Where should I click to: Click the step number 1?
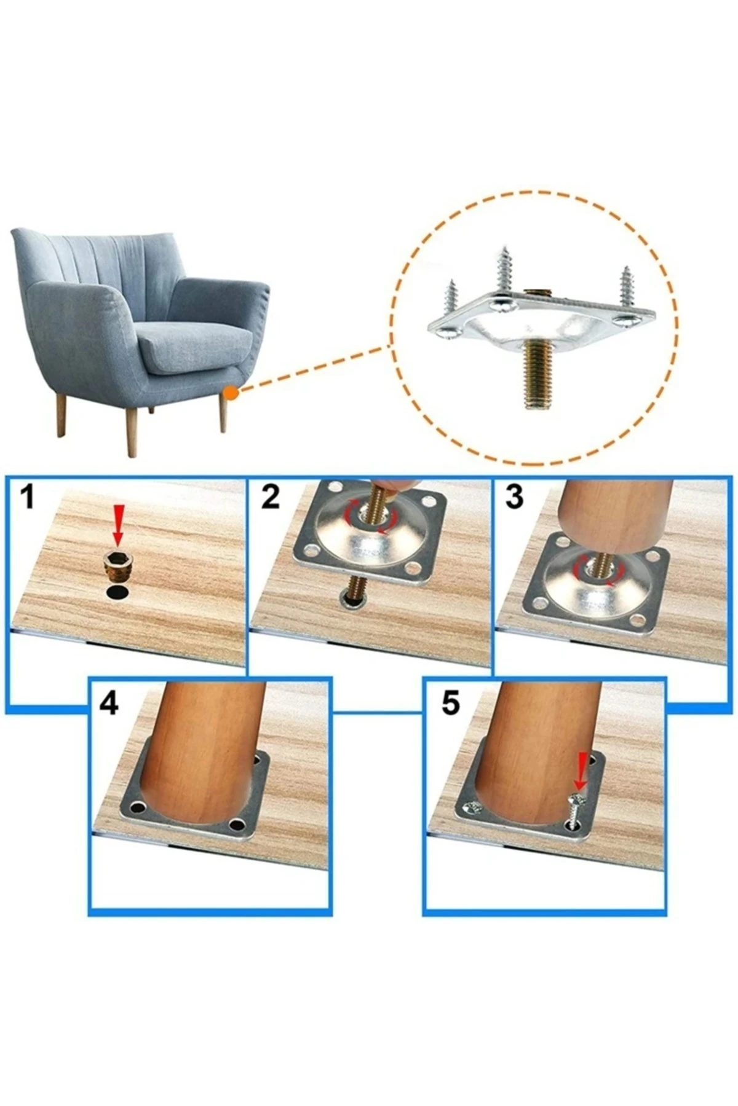coord(26,496)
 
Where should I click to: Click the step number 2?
coord(271,496)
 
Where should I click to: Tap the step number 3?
coord(514,496)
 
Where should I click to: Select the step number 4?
coord(109,702)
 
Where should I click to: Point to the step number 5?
coord(450,702)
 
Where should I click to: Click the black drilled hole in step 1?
coord(117,592)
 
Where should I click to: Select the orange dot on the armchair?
coord(230,391)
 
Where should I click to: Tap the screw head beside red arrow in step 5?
coord(577,799)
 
